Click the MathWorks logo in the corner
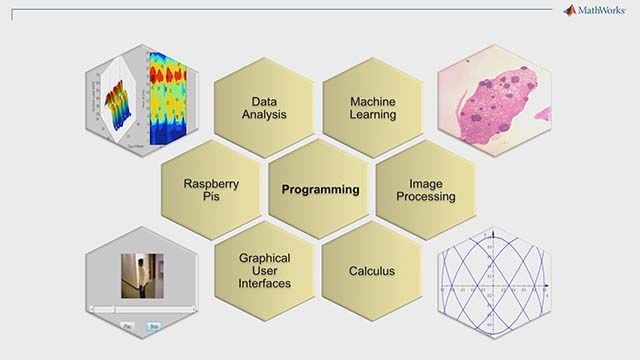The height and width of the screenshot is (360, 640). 598,11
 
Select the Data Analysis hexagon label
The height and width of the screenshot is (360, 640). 264,108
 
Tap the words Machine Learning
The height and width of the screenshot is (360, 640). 372,108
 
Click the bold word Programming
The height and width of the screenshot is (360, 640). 320,189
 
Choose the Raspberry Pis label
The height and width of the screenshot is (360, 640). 210,190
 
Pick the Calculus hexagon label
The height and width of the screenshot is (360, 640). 372,271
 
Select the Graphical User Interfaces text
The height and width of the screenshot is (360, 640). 264,271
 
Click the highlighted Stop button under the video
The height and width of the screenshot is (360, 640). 154,326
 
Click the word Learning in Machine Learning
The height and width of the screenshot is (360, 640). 372,115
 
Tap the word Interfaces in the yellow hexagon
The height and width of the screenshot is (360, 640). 264,284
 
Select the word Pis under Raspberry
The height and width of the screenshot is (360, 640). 210,197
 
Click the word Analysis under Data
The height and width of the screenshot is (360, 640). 264,115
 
